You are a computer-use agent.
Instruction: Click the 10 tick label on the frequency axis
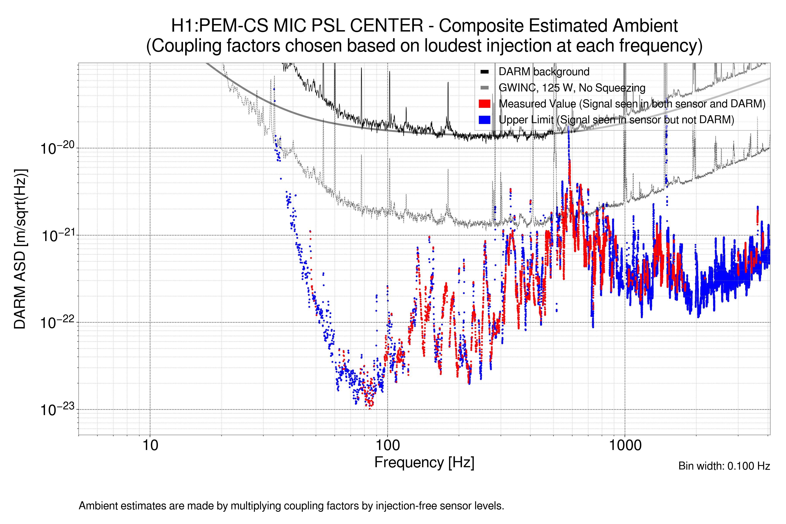[150, 445]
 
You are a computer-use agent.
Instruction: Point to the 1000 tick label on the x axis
[625, 445]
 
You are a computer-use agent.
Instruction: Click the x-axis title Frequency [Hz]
[424, 462]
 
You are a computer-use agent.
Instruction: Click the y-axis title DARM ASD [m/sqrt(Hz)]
[20, 249]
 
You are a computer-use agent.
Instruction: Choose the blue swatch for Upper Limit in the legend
[484, 120]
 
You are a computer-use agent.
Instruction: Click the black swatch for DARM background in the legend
[484, 72]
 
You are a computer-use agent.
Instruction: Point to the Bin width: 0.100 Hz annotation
[724, 466]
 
